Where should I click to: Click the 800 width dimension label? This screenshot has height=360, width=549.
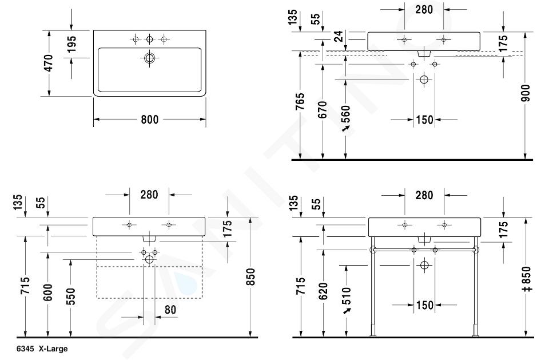[x=149, y=120]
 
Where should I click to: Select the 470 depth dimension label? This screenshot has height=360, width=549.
[x=49, y=63]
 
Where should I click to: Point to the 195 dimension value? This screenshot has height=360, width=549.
[x=71, y=44]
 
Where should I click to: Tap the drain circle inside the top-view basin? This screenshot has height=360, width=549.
[x=149, y=58]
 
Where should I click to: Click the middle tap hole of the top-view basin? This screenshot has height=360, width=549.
[x=149, y=39]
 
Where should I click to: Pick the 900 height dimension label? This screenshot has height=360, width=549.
[x=526, y=93]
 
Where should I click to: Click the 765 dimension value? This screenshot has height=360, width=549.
[x=300, y=101]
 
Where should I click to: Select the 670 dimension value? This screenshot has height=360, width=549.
[x=323, y=109]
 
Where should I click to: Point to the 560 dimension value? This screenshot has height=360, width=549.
[x=345, y=114]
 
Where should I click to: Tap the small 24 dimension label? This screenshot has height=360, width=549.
[x=339, y=36]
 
